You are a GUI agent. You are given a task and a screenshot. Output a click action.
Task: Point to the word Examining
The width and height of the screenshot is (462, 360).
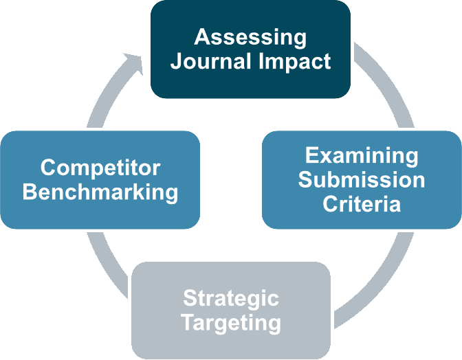tap(361, 155)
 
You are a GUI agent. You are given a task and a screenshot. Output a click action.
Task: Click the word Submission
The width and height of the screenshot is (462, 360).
tap(361, 180)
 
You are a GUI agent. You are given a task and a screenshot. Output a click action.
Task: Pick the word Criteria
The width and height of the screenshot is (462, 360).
tap(361, 204)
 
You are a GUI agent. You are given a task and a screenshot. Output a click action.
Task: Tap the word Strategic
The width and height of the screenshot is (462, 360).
tap(231, 298)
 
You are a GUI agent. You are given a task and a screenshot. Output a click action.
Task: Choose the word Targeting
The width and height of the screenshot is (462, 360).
tap(231, 322)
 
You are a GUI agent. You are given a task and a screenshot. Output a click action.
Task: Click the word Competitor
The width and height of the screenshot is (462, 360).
tap(100, 167)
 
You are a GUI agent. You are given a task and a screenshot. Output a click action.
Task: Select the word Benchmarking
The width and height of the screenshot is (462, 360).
tap(100, 192)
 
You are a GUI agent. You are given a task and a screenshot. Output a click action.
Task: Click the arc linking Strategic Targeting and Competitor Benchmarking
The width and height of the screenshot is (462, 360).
tap(103, 265)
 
